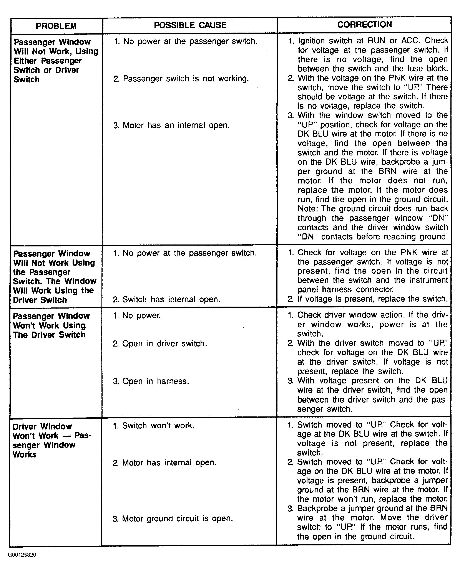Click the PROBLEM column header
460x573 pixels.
tap(56, 26)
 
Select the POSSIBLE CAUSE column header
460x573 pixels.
tap(190, 25)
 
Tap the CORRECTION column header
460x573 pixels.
tap(365, 25)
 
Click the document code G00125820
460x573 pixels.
tap(22, 555)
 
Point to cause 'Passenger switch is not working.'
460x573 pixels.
tap(181, 79)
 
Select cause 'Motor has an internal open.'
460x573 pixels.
tap(171, 125)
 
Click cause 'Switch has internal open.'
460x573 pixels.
tap(167, 299)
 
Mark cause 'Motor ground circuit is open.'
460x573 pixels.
tap(173, 519)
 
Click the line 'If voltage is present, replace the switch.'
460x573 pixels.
tap(368, 299)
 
